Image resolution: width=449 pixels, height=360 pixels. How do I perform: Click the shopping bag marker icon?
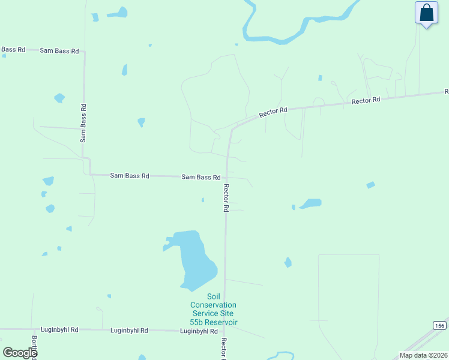[x=426, y=13]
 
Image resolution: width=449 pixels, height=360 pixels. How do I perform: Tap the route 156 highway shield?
[x=439, y=325]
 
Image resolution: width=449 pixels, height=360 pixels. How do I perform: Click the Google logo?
[x=20, y=353]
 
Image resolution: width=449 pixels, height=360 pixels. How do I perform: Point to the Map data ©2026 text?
[x=423, y=355]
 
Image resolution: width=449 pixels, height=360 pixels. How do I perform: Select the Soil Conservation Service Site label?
[x=214, y=309]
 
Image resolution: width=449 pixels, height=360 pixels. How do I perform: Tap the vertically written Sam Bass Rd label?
[x=83, y=123]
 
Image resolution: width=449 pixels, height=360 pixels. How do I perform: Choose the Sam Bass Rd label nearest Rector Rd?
[x=201, y=177]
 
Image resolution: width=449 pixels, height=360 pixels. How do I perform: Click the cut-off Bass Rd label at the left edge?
[x=13, y=50]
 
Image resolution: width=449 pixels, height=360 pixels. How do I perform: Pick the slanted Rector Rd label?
[x=274, y=112]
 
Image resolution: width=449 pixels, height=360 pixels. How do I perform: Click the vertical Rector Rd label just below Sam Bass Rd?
[x=226, y=197]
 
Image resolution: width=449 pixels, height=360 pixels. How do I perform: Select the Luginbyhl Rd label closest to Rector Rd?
[x=199, y=331]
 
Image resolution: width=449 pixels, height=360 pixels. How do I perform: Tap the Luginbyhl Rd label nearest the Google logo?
[x=59, y=330]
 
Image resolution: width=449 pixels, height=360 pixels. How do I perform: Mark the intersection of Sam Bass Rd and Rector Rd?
[x=227, y=177]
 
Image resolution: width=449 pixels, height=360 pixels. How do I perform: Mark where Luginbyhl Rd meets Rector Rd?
[x=224, y=331]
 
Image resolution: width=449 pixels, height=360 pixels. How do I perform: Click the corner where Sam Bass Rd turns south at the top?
[x=84, y=52]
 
